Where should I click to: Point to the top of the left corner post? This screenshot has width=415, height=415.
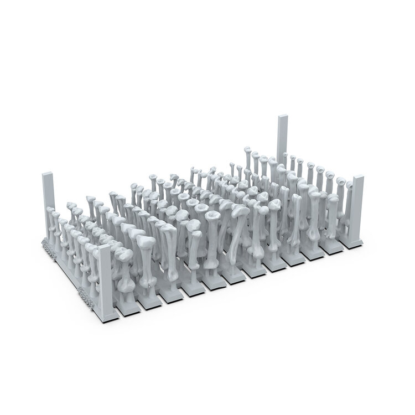pyautogui.click(x=47, y=175)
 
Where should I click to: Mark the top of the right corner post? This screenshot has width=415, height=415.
pyautogui.click(x=358, y=178)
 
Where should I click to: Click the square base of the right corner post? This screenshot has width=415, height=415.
pyautogui.click(x=355, y=240)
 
